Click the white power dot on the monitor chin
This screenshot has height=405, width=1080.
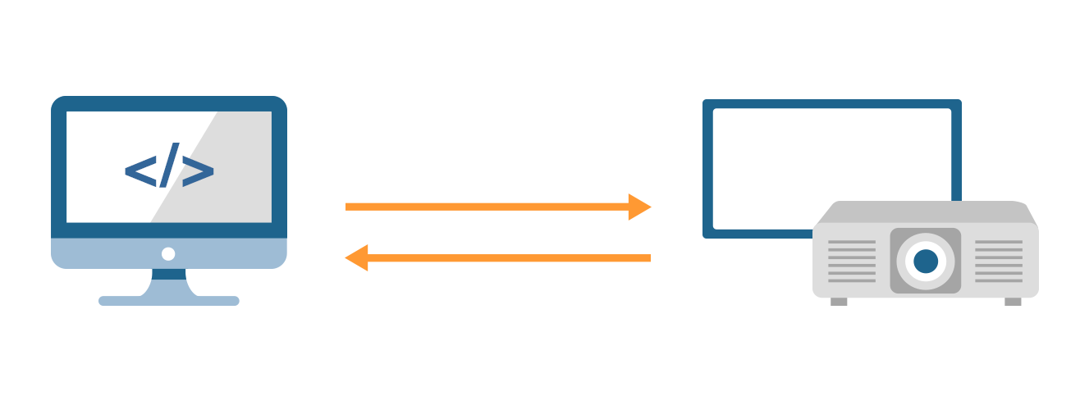coord(168,254)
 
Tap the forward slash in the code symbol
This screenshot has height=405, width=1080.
coord(168,168)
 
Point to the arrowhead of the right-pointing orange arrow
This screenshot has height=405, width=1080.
coord(638,207)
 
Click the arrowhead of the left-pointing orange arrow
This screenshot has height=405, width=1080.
coord(357,258)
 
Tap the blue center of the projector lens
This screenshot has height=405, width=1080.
coord(926,261)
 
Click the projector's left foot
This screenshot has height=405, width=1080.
coord(839,302)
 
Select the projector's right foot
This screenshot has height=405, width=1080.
coord(1013,302)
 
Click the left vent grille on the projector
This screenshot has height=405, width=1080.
coord(852,262)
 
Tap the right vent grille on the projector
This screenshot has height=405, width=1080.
coord(999,262)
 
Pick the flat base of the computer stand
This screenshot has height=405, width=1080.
coord(168,301)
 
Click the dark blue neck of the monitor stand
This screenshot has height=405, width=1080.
coord(168,275)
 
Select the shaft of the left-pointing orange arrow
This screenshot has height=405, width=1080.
coord(509,258)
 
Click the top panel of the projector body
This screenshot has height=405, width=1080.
coord(926,212)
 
